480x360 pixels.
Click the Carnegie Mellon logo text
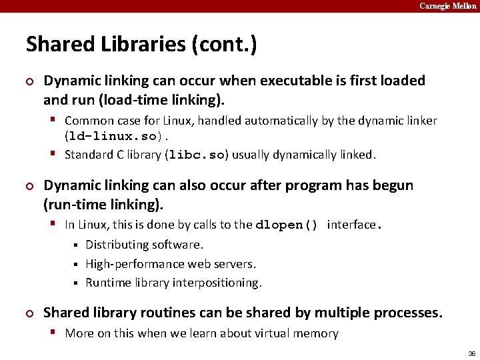(447, 6)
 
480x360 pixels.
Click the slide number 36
(471, 353)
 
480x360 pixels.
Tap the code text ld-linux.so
(111, 137)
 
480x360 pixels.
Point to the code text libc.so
(198, 155)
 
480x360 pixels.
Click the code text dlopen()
(287, 225)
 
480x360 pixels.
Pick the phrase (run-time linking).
(103, 205)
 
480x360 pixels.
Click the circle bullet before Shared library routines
(29, 313)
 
